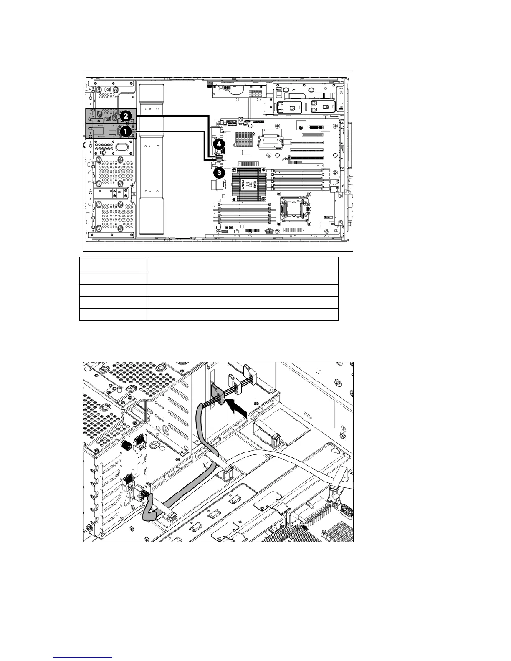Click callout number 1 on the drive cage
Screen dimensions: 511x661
point(124,131)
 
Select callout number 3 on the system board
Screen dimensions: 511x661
point(218,172)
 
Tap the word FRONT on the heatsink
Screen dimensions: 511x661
point(243,183)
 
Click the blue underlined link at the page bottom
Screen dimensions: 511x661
point(83,657)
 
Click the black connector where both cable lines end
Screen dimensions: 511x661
point(218,157)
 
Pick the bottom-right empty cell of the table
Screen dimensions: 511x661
point(242,315)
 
